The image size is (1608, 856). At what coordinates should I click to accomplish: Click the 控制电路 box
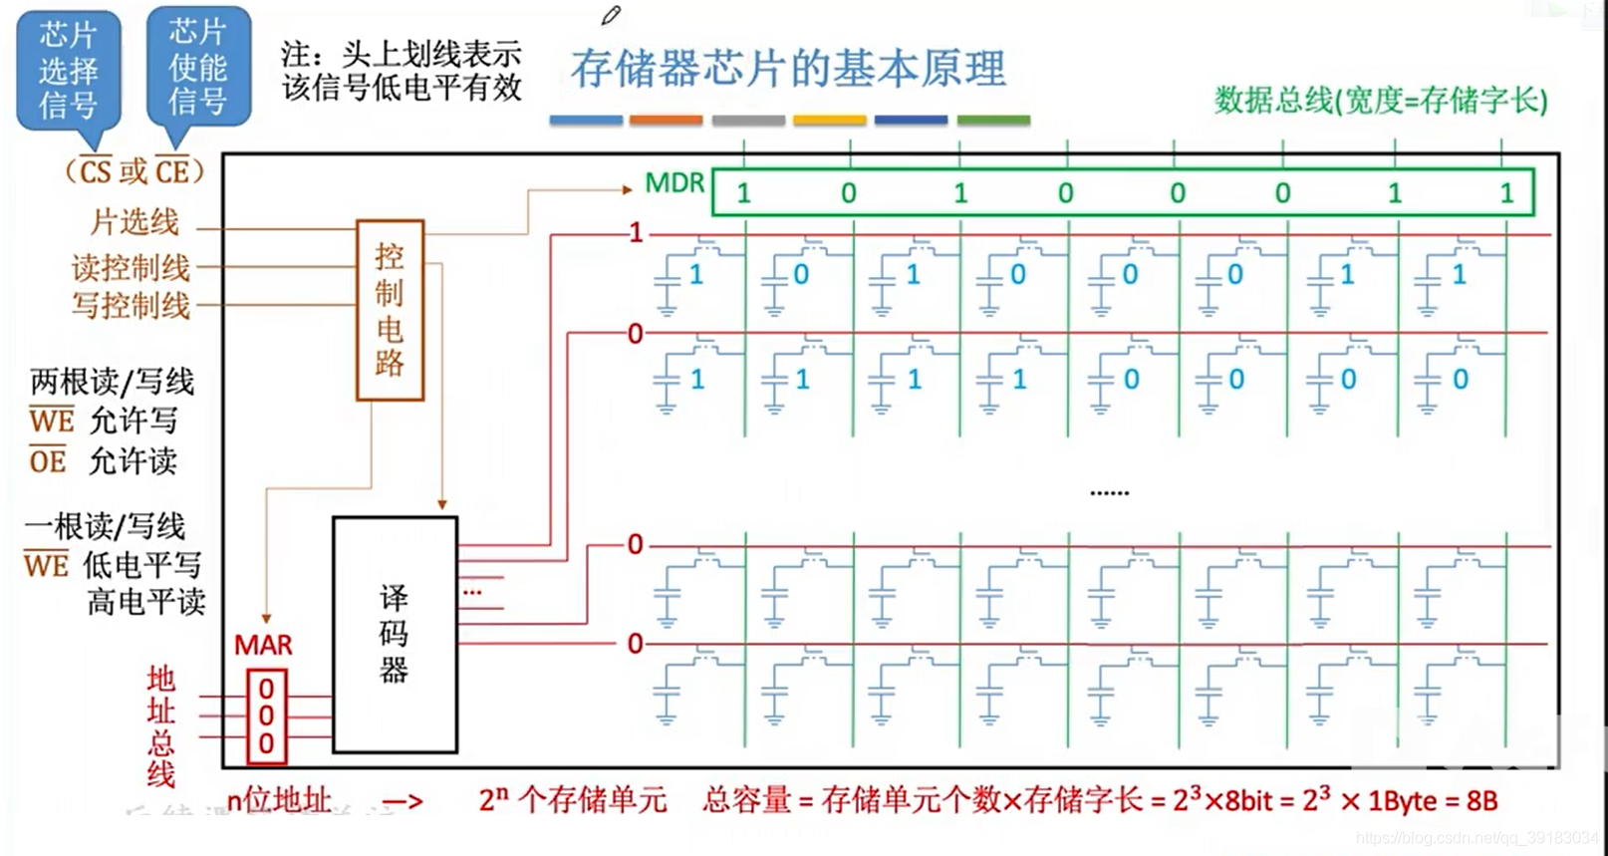tap(390, 310)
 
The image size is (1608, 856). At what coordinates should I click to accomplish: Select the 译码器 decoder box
tap(395, 634)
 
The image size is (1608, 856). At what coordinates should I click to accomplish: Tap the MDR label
tap(674, 183)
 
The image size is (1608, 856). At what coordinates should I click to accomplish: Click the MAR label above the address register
tap(263, 646)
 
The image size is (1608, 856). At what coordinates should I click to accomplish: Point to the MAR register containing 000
tap(266, 716)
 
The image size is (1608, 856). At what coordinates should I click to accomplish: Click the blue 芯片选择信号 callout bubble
tap(69, 70)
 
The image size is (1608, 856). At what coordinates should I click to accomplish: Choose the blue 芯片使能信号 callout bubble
tap(197, 67)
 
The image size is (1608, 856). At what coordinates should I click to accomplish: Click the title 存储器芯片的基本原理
tap(788, 69)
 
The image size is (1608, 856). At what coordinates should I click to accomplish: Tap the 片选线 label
tap(134, 221)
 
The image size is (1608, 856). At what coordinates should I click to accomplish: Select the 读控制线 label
tap(131, 267)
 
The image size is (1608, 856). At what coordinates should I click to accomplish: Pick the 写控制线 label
tap(131, 305)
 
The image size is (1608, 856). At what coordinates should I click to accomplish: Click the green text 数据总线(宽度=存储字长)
tap(1381, 100)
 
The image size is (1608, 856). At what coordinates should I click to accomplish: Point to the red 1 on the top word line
tap(636, 234)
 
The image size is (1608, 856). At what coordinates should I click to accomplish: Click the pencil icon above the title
tap(611, 15)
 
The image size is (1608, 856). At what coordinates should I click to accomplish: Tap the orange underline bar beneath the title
tap(666, 121)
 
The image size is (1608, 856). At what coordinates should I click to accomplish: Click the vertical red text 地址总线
tap(160, 726)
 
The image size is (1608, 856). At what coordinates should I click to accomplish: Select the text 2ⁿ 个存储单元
tap(572, 799)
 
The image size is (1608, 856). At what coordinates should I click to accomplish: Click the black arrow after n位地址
tap(402, 801)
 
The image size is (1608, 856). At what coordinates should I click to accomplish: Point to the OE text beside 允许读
tap(48, 461)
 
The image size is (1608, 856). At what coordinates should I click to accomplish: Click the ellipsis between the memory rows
tap(1109, 492)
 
